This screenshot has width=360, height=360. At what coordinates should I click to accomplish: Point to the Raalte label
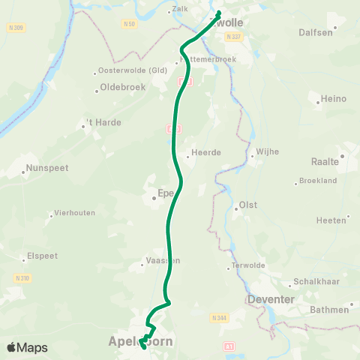click(x=325, y=161)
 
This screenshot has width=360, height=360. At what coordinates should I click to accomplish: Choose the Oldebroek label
click(x=122, y=86)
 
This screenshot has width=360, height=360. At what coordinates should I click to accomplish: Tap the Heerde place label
click(x=206, y=152)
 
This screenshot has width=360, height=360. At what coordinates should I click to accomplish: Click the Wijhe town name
click(x=268, y=151)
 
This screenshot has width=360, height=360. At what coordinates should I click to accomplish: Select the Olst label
click(x=247, y=205)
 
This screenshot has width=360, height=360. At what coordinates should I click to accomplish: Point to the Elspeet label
click(x=42, y=255)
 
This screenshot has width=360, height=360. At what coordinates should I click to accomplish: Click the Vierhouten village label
click(x=74, y=213)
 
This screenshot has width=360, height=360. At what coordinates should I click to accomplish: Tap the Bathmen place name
click(x=330, y=309)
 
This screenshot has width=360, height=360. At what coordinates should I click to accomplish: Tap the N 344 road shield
click(x=218, y=317)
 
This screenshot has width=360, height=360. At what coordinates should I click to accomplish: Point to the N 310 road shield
click(x=22, y=278)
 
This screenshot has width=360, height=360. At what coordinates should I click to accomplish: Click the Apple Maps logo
click(x=27, y=347)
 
